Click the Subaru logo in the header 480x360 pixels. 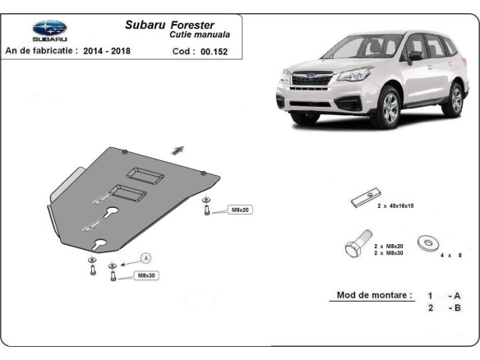[48, 30]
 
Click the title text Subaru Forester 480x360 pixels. [170, 25]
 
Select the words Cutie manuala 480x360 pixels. [200, 35]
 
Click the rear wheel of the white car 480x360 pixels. [454, 99]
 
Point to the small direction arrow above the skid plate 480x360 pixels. [178, 149]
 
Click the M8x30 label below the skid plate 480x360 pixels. [146, 275]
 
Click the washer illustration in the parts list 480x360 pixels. [427, 242]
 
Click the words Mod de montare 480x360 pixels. [374, 295]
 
